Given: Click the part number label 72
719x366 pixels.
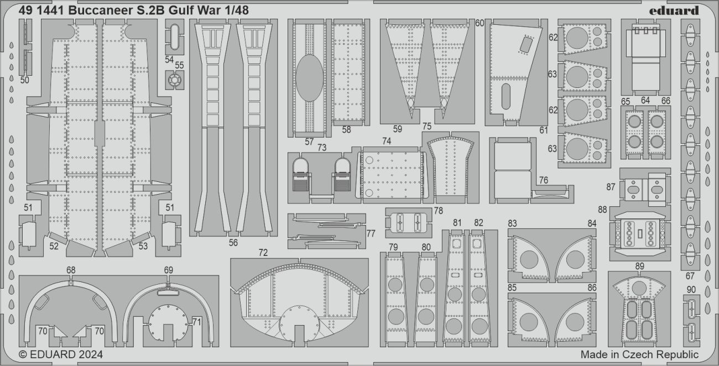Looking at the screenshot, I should click(263, 253).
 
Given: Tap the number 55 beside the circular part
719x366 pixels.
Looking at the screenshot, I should click(179, 65).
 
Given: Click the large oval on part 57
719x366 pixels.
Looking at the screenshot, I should click(309, 77).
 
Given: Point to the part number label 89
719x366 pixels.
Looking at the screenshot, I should click(639, 266).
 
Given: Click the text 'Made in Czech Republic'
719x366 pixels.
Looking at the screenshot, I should click(639, 354).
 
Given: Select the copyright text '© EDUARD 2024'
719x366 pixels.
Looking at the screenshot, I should click(61, 354).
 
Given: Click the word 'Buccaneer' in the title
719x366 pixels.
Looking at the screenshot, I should click(92, 11).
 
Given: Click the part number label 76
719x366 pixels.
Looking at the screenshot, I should click(543, 180).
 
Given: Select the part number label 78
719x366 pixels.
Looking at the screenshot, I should click(438, 211).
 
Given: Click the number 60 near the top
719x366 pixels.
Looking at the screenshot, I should click(479, 23).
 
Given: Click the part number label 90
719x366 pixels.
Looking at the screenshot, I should click(691, 290).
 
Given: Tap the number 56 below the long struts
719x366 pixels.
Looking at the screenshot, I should click(233, 242).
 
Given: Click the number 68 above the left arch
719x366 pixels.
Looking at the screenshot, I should click(71, 270).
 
